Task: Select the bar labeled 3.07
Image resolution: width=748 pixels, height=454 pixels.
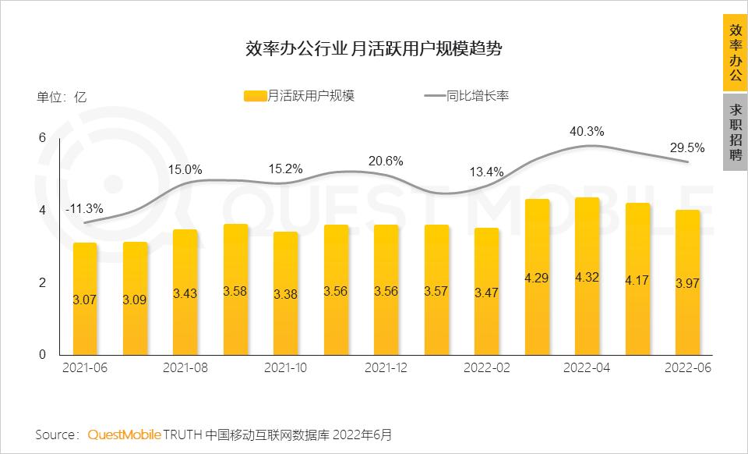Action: point(85,299)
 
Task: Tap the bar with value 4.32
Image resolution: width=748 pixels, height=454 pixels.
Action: point(586,277)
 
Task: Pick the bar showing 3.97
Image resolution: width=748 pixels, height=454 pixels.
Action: point(687,282)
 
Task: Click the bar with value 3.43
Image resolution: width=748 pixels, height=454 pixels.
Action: point(185,293)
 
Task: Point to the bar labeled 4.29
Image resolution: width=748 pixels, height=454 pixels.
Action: point(537,278)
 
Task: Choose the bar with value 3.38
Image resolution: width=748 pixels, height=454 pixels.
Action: point(285,293)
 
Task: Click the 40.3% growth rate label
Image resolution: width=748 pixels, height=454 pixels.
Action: point(587,131)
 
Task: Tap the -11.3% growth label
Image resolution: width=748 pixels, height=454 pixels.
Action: point(84,208)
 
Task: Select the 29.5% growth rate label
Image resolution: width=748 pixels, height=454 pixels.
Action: point(687,147)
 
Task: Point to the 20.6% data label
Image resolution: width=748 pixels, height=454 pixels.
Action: point(386,161)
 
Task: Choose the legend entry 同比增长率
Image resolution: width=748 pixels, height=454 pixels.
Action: point(467,97)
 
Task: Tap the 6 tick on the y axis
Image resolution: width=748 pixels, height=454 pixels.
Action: point(43,138)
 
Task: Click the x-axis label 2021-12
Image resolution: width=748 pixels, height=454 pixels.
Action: point(386,367)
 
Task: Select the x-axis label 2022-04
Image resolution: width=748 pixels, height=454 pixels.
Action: point(586,367)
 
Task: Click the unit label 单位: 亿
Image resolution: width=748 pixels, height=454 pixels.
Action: point(62,98)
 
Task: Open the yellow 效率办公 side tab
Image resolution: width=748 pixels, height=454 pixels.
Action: point(735,53)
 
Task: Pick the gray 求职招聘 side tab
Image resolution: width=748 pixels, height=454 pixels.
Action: point(735,133)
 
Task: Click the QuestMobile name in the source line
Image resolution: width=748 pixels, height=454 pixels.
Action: point(124,434)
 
